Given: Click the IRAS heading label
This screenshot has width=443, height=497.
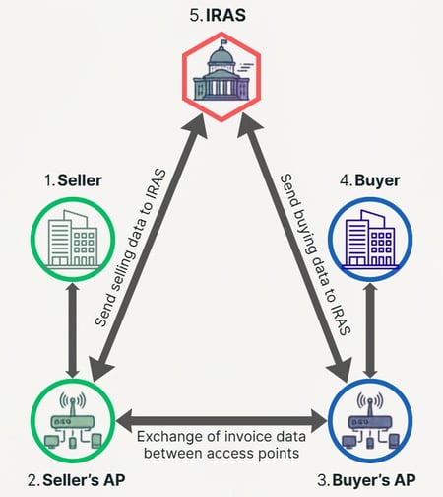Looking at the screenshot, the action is pyautogui.click(x=218, y=16).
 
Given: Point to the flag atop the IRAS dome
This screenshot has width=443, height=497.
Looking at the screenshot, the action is pyautogui.click(x=223, y=42).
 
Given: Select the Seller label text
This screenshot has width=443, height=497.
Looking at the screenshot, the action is pyautogui.click(x=74, y=180).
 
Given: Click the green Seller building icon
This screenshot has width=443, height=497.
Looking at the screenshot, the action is pyautogui.click(x=73, y=240).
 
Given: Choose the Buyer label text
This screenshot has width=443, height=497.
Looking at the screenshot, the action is pyautogui.click(x=370, y=180).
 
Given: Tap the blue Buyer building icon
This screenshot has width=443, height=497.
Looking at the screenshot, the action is pyautogui.click(x=370, y=240).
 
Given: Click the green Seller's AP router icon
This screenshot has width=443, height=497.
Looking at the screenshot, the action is pyautogui.click(x=73, y=421).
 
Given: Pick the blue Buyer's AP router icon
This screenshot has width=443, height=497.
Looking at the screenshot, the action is pyautogui.click(x=370, y=421).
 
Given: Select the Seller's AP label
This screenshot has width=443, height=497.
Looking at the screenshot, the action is pyautogui.click(x=77, y=480).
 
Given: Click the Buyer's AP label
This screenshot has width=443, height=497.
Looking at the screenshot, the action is pyautogui.click(x=366, y=480).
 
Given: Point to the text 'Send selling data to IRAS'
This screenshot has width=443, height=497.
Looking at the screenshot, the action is pyautogui.click(x=130, y=248).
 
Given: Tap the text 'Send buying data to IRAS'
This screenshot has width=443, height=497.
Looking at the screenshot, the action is pyautogui.click(x=316, y=254).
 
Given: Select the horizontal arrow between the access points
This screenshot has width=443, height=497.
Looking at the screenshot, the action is pyautogui.click(x=221, y=421).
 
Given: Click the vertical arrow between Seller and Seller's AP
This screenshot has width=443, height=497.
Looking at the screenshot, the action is pyautogui.click(x=73, y=330).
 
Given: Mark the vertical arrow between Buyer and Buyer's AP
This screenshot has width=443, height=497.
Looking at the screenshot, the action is pyautogui.click(x=371, y=330).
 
